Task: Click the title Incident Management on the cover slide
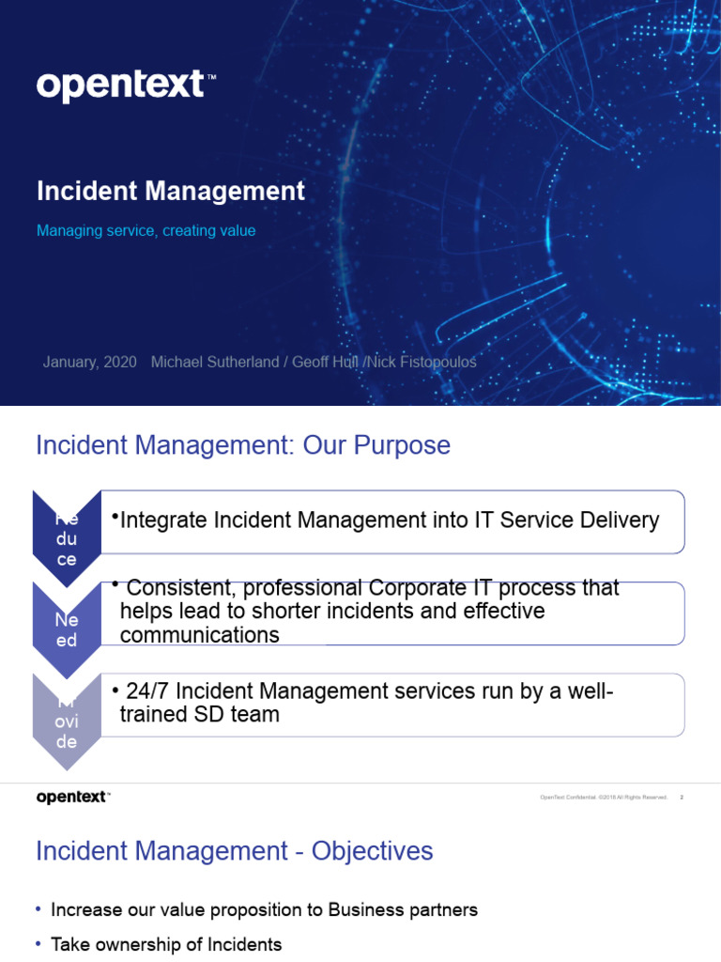pos(171,192)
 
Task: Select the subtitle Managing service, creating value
pos(146,230)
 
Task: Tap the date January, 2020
pos(89,362)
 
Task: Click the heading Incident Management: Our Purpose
pos(242,445)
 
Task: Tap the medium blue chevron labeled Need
pos(66,628)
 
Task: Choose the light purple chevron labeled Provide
pos(66,719)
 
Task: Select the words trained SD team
pos(199,715)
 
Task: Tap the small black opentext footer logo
pos(73,798)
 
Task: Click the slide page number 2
pos(682,798)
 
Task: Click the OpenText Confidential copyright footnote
pos(603,798)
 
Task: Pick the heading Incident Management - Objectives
pos(234,851)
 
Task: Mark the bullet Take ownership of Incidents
pos(166,945)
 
